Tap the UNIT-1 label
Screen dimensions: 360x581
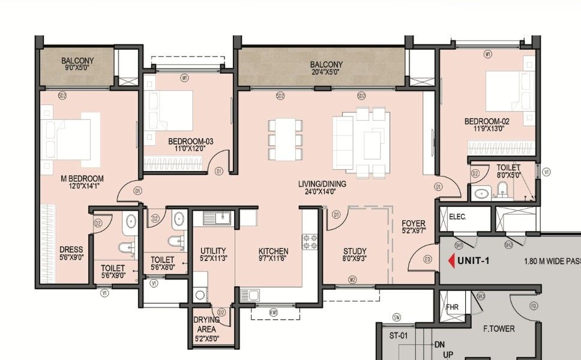pos(474,261)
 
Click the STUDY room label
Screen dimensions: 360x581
pos(355,251)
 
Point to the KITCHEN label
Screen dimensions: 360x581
pos(273,251)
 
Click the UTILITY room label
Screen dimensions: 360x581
pos(213,251)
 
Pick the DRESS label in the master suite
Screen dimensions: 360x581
pos(71,250)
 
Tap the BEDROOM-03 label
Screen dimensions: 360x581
pos(190,142)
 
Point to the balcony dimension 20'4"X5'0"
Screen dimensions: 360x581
pos(326,72)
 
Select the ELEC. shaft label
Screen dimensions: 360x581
pos(457,217)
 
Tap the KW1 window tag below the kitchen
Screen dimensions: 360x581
pos(274,312)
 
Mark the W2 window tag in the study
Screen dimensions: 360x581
pos(352,279)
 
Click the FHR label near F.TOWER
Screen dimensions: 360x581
pos(452,307)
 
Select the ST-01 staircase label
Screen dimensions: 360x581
pos(399,335)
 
